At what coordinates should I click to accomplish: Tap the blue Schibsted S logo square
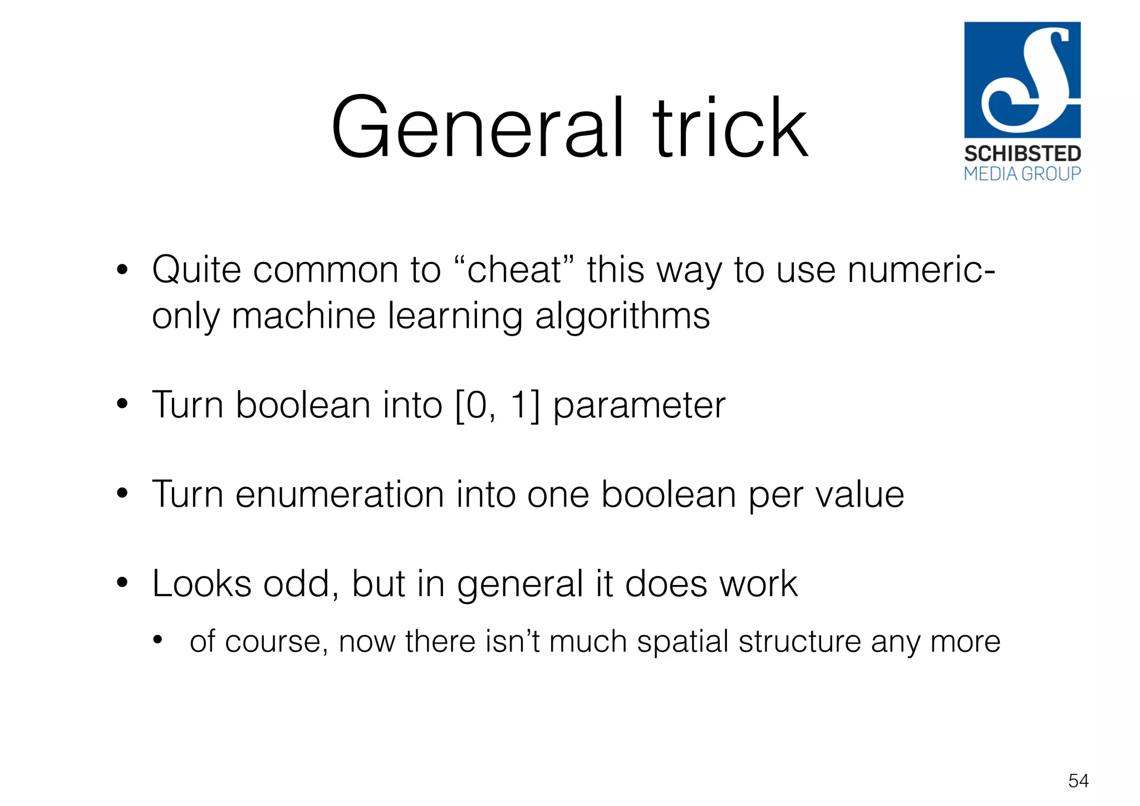pos(1022,80)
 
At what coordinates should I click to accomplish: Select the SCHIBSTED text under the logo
pos(1022,154)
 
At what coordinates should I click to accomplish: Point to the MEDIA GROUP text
pos(1022,174)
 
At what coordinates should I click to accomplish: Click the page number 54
pos(1078,780)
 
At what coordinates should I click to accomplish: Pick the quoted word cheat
pos(514,270)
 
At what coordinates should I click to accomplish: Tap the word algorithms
pos(622,316)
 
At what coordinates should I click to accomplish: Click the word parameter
pos(639,405)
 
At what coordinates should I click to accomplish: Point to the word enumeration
pos(340,494)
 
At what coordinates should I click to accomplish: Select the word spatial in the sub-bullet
pos(682,641)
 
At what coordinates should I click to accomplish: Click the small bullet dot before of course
pos(158,640)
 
